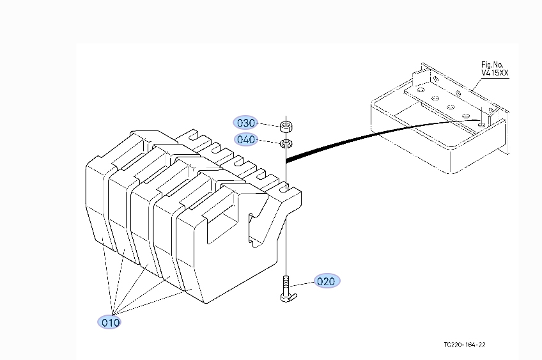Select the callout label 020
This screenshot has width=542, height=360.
coord(326,281)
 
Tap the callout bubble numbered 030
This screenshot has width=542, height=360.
coord(246,123)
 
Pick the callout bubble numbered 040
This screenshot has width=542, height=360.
coord(246,139)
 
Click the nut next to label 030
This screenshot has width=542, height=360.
coord(286,123)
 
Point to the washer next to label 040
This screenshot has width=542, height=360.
coord(286,142)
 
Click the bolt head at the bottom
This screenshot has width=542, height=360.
coord(286,297)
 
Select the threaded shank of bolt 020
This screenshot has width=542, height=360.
coord(285,283)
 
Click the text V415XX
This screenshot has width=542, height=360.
coord(495,74)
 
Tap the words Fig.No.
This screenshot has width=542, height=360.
coord(493,65)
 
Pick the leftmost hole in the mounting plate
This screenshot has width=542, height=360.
coord(419,91)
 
